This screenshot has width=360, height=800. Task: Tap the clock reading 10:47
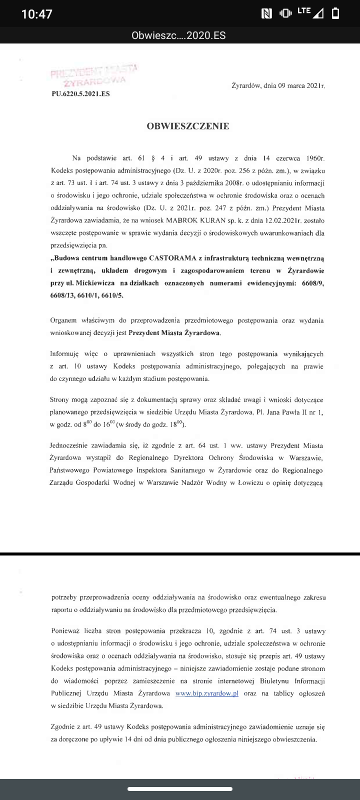[x=37, y=14]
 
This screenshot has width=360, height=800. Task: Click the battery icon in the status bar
[x=335, y=13]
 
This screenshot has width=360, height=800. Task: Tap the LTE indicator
[x=303, y=10]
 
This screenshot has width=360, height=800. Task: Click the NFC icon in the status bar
[x=266, y=14]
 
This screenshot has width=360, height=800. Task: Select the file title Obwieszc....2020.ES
[x=178, y=36]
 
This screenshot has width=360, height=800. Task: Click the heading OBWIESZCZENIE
[x=188, y=126]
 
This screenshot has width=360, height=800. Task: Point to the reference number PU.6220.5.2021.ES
[x=80, y=94]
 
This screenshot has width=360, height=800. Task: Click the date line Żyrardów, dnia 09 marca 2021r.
[x=278, y=86]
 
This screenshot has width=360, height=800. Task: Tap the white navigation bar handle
[x=180, y=789]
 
